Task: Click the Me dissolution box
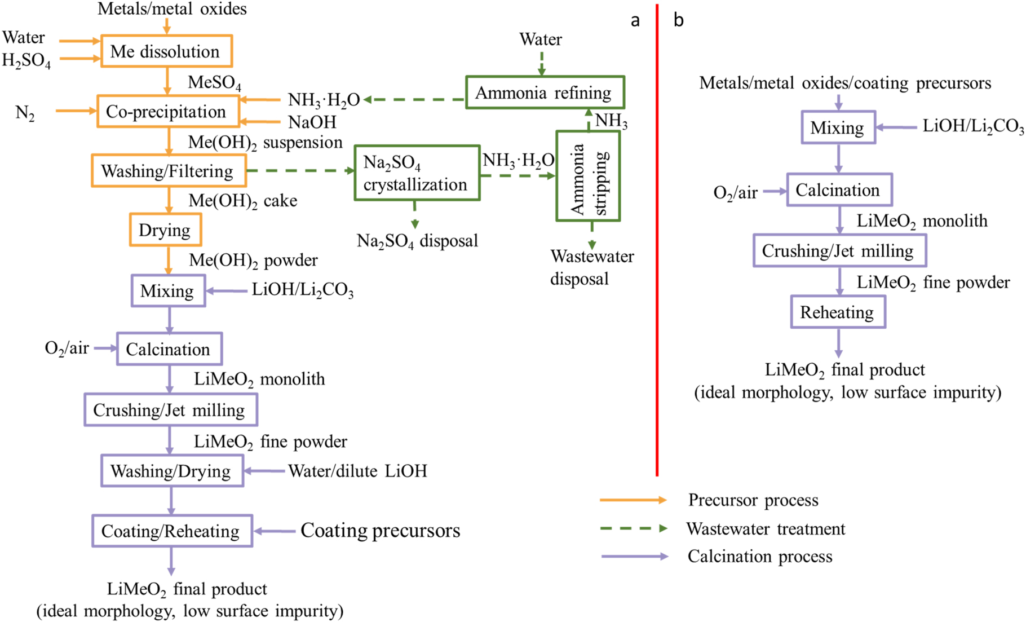(166, 51)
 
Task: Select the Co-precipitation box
(167, 112)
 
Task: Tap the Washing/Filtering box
(169, 171)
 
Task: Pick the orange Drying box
(165, 230)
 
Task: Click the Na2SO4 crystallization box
(417, 173)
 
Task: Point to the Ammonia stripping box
(588, 177)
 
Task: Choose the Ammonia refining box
(545, 92)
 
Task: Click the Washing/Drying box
(172, 471)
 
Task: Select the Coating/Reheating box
(172, 531)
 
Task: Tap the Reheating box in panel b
(838, 312)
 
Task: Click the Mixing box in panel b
(838, 127)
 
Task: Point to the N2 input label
(25, 113)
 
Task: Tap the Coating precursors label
(380, 531)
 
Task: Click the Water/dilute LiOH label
(357, 471)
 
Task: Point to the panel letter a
(635, 21)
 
